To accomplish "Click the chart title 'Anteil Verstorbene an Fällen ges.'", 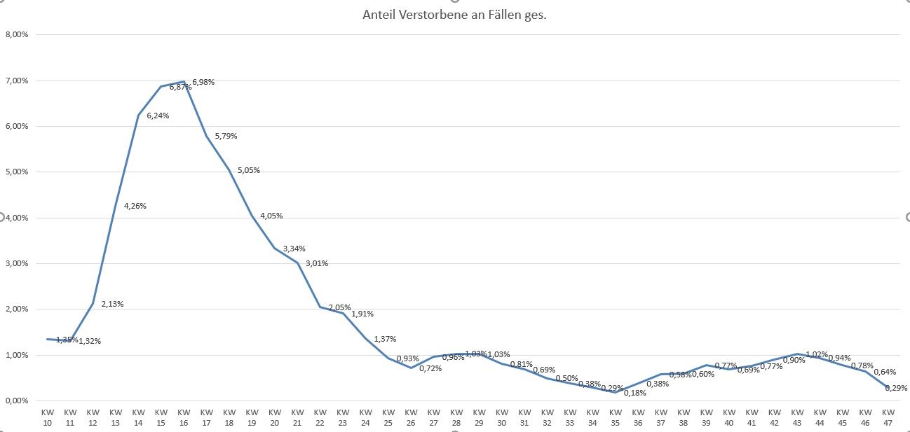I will point(454,15).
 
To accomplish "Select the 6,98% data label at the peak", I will point(203,82).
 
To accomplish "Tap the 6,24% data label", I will point(158,116).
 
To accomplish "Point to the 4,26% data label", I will point(135,206).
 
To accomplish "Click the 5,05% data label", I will point(248,170).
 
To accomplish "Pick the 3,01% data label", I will point(317,263).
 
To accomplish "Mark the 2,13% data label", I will point(112,304).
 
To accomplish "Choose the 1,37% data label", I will point(385,339).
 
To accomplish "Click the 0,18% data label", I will point(634,393).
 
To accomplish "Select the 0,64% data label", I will point(885,372).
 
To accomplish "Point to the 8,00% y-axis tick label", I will point(17,34).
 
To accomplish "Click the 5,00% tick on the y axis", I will point(17,172).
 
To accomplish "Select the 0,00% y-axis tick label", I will point(17,400).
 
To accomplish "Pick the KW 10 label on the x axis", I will point(48,417).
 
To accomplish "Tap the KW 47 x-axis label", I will point(888,417).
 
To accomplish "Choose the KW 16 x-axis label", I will point(184,417).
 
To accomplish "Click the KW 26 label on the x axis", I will point(411,417).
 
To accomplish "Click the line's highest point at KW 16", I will point(184,82).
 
